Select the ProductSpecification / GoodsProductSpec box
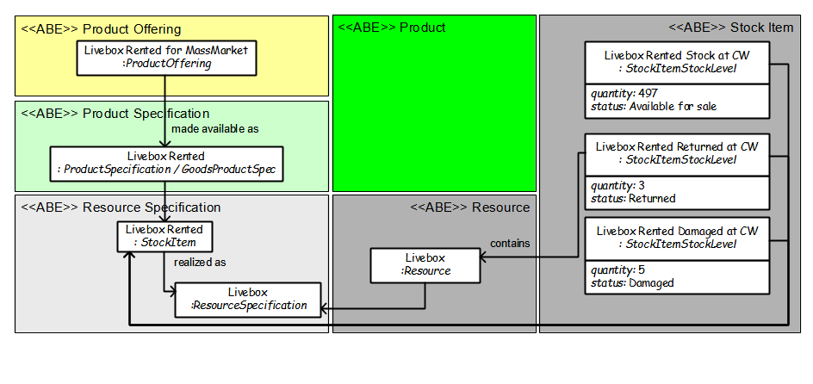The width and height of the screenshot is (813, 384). coord(166,164)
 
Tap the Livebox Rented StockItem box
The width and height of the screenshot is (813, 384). coord(164,236)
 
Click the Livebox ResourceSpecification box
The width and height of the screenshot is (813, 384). coord(248,300)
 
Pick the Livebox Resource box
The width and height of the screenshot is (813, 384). coord(425,265)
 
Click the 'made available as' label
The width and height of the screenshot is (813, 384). coord(215,129)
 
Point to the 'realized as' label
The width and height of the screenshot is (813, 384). coord(200,263)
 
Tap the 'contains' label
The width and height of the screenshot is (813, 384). coord(510,243)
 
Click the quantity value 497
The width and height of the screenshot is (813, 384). coord(649,93)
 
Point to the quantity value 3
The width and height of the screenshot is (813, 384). coord(642,185)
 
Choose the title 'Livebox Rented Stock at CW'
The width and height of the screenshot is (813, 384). coord(677,55)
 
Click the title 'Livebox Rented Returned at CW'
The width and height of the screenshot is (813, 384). coord(677,146)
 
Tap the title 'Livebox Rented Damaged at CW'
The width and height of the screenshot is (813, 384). coord(677,231)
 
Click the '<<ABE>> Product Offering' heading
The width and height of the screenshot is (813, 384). coord(101,29)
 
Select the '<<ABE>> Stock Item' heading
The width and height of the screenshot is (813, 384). coord(731,28)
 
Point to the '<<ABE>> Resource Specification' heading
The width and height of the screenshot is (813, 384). coord(121,207)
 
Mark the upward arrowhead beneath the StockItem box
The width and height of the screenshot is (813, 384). coord(128,257)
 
